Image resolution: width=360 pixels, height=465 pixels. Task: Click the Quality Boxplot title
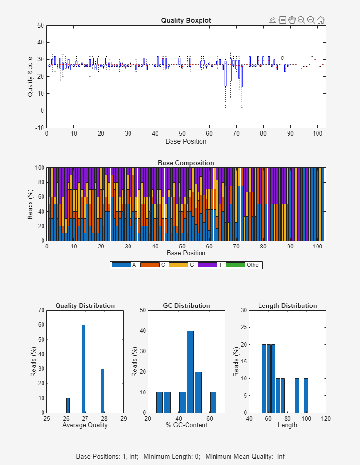[x=186, y=20]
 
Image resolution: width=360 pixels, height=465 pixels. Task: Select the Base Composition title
[x=186, y=163]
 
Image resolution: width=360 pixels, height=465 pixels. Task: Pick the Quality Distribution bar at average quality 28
[x=102, y=391]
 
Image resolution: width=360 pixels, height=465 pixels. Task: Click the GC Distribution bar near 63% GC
[x=213, y=402]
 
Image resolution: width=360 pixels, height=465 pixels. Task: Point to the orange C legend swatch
[x=147, y=265]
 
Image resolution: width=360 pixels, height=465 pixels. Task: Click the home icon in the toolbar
[x=321, y=20]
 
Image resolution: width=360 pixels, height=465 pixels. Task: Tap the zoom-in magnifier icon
[x=302, y=20]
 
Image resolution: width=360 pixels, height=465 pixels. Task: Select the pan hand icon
[x=292, y=20]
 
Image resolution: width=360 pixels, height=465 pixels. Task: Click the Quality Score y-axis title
[x=30, y=76]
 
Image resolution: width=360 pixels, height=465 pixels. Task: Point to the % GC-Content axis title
[x=187, y=425]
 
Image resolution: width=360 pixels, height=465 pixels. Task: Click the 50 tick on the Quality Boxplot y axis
[x=40, y=25]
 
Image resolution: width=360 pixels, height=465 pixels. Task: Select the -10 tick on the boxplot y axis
[x=39, y=128]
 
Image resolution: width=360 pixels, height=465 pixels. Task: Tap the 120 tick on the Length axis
[x=326, y=418]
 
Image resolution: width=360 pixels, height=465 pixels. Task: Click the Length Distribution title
[x=288, y=305]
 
